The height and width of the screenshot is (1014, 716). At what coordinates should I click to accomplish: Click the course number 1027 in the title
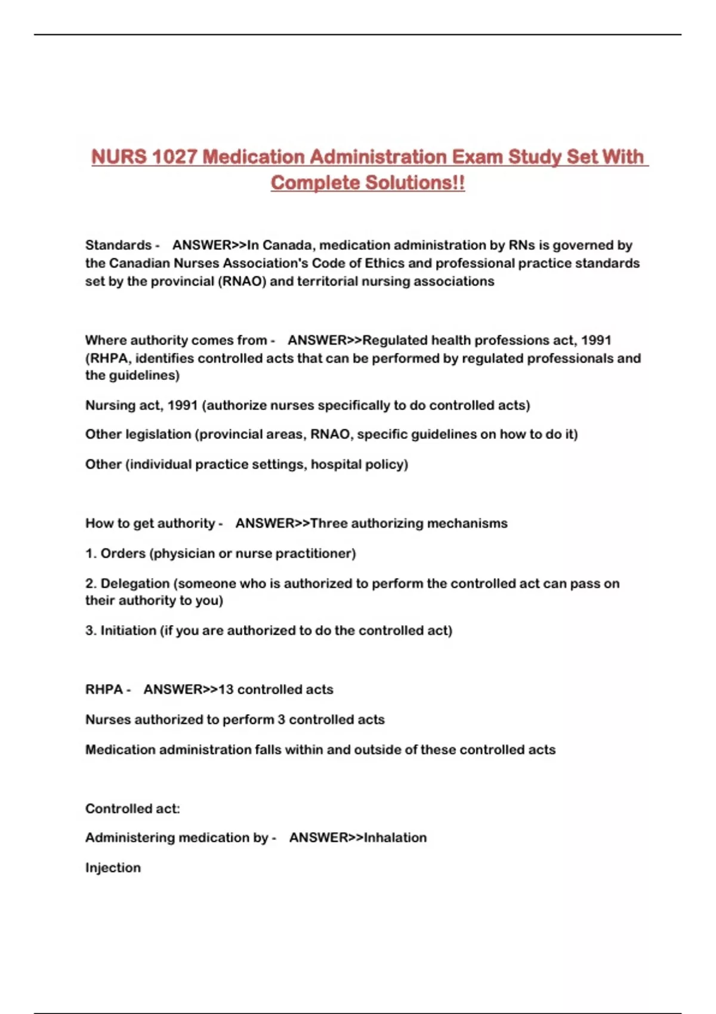[174, 157]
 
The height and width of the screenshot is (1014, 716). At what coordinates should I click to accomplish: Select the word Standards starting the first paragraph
[118, 245]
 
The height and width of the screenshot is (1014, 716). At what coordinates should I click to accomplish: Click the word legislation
[159, 434]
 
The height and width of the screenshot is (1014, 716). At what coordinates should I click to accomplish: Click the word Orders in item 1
[123, 554]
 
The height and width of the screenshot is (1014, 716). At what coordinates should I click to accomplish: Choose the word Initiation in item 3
[128, 630]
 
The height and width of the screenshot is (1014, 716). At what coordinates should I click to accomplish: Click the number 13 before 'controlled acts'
[226, 690]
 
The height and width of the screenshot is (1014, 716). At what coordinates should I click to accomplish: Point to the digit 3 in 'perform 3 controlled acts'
[281, 720]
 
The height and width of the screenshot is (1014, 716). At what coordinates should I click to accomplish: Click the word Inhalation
[395, 838]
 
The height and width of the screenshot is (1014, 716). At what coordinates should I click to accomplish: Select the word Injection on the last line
[113, 868]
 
